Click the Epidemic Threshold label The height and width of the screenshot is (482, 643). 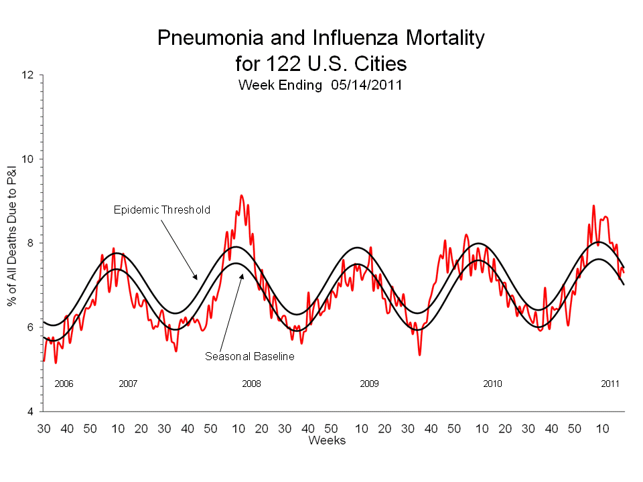tap(161, 210)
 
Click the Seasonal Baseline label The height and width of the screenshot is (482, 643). tap(250, 357)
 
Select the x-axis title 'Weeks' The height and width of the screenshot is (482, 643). tap(327, 440)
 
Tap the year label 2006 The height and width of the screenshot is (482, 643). tap(64, 384)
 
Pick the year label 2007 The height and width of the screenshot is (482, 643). tap(128, 384)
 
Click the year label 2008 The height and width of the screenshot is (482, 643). tap(251, 384)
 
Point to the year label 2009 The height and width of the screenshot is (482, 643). tap(369, 384)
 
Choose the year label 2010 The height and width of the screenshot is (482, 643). tap(492, 384)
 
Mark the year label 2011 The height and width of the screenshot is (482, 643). tap(610, 384)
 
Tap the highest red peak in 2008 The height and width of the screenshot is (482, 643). tap(242, 195)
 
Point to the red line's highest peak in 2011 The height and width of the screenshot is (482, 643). tap(593, 206)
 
